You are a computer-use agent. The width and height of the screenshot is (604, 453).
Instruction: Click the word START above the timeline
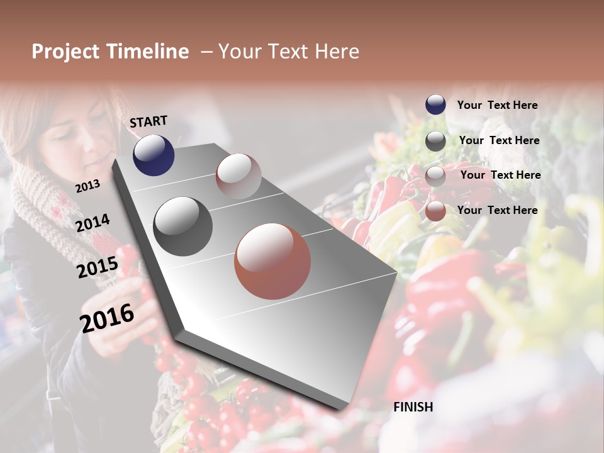[x=148, y=121]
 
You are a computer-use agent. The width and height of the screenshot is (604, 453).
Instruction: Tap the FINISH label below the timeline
[x=413, y=407]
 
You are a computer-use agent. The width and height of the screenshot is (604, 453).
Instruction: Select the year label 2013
[x=87, y=186]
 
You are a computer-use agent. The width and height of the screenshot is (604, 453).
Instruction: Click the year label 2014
[x=92, y=223]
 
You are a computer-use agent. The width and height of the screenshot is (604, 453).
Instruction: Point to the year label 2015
[x=97, y=267]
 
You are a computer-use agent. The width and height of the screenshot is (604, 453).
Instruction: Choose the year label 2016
[x=107, y=318]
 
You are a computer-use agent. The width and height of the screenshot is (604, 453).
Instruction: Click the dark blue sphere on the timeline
[x=154, y=155]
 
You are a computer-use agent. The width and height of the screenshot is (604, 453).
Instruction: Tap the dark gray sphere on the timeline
[x=182, y=226]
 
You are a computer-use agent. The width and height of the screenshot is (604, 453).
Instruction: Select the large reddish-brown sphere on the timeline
[x=272, y=261]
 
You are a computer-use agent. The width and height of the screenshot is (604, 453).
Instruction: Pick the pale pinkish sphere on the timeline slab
[x=238, y=176]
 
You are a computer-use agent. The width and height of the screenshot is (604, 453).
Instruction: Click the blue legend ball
[x=435, y=105]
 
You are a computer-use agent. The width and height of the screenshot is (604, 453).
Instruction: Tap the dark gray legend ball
[x=435, y=141]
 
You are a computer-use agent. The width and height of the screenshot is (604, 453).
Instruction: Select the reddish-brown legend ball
[x=435, y=211]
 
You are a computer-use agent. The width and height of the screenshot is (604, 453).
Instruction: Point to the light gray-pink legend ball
[x=435, y=176]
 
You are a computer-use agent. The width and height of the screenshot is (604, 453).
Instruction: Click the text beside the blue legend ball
[x=497, y=106]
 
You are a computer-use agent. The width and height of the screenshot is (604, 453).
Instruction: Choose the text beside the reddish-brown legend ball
[x=497, y=210]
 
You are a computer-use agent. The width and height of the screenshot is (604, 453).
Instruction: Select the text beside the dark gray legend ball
[x=499, y=140]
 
